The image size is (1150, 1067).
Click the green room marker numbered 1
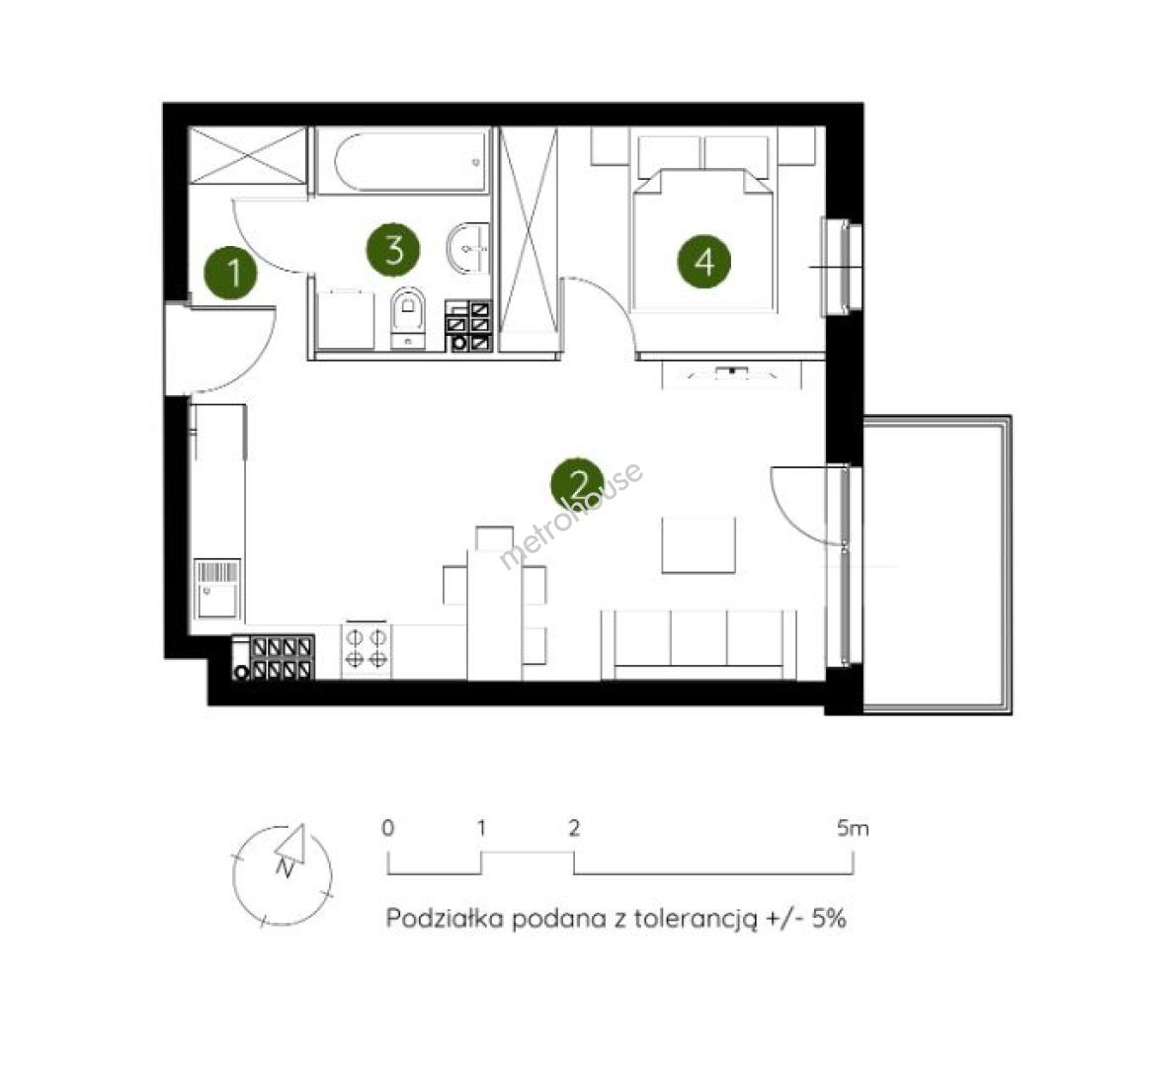coord(231,273)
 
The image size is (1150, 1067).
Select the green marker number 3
coord(393,249)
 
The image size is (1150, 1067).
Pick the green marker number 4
coord(704,261)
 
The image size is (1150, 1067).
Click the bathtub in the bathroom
coord(403,161)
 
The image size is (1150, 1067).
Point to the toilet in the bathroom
coord(408,317)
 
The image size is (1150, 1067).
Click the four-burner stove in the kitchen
coord(366,649)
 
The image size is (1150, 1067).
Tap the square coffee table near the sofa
coord(698,545)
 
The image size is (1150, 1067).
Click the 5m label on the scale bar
coord(853,829)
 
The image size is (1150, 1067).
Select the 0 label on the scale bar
coord(388,829)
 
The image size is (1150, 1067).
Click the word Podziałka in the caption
coord(445,918)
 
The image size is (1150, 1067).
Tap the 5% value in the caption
coord(829,918)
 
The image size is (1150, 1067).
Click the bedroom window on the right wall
coord(844,267)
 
